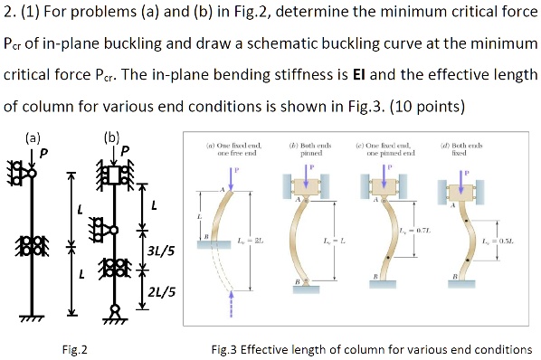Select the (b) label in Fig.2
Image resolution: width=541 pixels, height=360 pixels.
point(111,137)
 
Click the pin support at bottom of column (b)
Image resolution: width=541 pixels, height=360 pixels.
point(116,313)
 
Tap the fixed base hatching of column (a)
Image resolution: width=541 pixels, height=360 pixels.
point(35,317)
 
